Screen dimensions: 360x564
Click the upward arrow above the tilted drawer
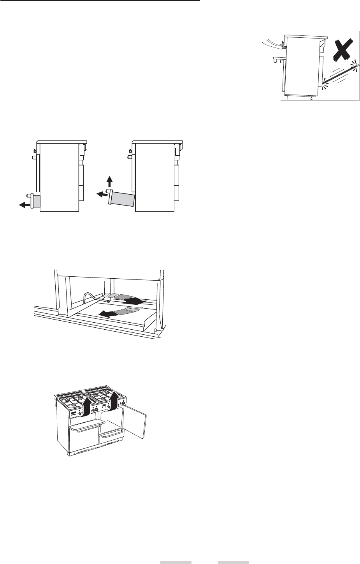click(x=110, y=181)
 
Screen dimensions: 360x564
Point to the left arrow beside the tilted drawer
click(x=102, y=193)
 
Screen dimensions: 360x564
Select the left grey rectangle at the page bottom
click(x=176, y=562)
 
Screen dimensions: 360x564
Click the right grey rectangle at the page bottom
click(x=233, y=562)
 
